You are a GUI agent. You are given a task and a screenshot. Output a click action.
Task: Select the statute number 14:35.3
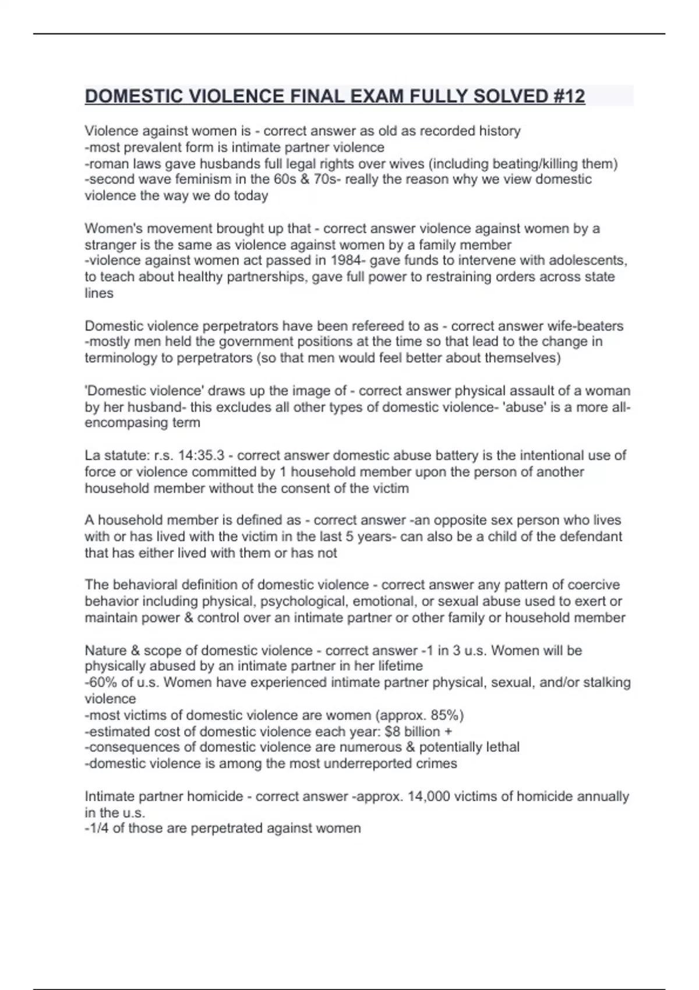[x=197, y=455]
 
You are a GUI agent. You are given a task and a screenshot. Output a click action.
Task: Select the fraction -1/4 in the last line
[x=96, y=828]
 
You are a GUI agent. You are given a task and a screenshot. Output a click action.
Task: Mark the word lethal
[x=502, y=747]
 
